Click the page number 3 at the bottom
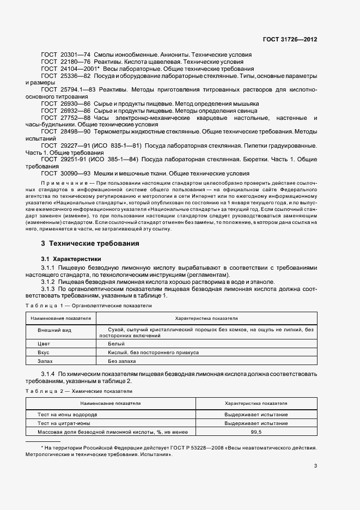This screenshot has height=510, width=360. (x=315, y=465)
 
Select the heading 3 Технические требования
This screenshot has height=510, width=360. (x=90, y=243)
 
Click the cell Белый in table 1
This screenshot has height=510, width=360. (x=117, y=344)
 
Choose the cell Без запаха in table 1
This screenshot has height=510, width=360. (x=122, y=361)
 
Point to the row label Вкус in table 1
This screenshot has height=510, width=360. (x=44, y=353)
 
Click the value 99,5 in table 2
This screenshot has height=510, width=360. (x=256, y=432)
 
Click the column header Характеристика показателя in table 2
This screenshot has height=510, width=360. (x=256, y=403)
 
